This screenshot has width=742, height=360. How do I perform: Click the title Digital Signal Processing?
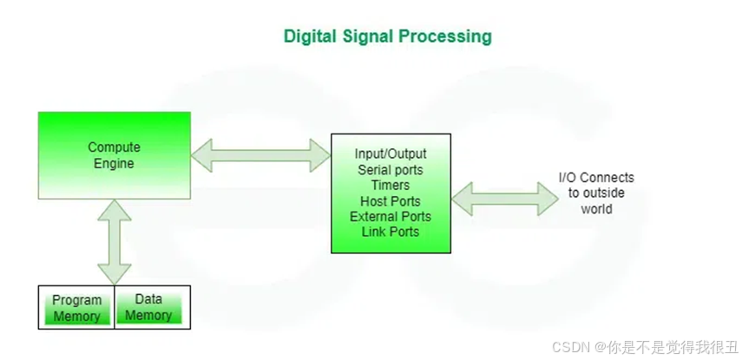click(388, 36)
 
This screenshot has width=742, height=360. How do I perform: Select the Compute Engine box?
click(114, 155)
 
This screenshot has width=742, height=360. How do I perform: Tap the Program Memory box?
click(76, 308)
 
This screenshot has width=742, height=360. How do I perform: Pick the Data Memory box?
click(148, 308)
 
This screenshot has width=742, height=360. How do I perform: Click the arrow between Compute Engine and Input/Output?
click(260, 155)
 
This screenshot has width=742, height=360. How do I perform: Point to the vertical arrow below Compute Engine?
click(114, 240)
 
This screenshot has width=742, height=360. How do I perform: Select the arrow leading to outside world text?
click(505, 199)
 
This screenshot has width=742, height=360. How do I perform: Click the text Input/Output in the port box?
click(391, 154)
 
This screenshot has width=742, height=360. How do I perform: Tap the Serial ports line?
click(391, 169)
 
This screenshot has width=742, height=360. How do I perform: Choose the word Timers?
click(391, 185)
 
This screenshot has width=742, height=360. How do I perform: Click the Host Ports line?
click(391, 200)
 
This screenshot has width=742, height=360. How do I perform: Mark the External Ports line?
click(391, 216)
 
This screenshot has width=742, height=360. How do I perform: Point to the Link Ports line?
click(391, 232)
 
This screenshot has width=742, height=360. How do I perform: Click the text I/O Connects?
click(596, 178)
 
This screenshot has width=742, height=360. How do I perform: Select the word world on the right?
click(596, 209)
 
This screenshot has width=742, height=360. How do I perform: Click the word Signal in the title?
click(376, 36)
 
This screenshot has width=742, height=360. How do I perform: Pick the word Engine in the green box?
click(114, 163)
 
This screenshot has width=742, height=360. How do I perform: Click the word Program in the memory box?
click(76, 300)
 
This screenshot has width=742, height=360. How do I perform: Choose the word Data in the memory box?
click(148, 300)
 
